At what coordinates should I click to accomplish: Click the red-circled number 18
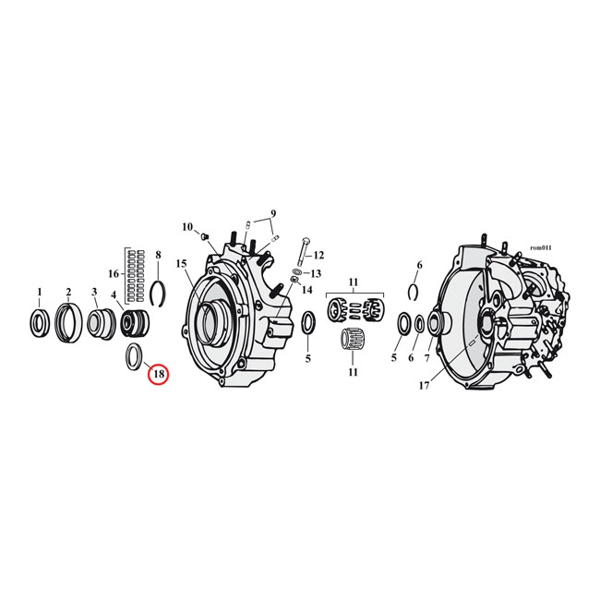coord(159,374)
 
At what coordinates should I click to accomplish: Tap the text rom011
coord(541,248)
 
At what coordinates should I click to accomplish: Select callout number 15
coord(181,264)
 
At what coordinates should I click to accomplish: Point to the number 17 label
coord(424,385)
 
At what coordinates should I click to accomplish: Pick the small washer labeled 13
coord(299,271)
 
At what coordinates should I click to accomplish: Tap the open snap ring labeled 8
coord(158,294)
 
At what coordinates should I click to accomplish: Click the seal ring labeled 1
coord(40,323)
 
